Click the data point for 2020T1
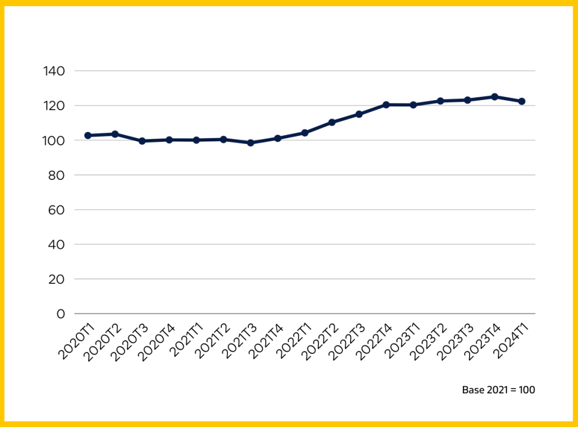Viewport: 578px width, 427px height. (x=87, y=136)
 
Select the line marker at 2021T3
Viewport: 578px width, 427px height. (x=251, y=143)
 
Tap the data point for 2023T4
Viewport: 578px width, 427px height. (x=494, y=97)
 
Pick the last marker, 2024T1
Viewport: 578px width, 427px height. (x=522, y=101)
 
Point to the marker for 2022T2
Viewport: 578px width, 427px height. (x=332, y=122)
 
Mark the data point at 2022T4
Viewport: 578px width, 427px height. (x=386, y=105)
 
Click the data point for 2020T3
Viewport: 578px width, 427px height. (x=142, y=141)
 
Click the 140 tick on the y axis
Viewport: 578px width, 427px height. (x=54, y=71)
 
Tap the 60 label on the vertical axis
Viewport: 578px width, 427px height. (x=57, y=210)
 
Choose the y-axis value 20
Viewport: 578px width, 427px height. (x=57, y=279)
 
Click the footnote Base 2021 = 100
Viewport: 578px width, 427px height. (x=498, y=390)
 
